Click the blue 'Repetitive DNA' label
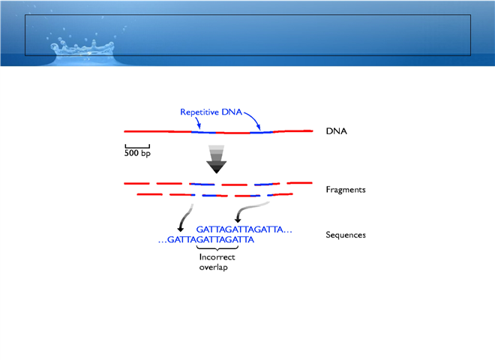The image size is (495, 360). click(x=211, y=112)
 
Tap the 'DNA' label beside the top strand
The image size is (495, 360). click(x=336, y=131)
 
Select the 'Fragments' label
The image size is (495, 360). click(x=346, y=190)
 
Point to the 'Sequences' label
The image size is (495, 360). click(x=346, y=235)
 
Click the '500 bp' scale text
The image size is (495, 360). click(x=137, y=153)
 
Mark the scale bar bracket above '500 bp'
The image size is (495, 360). click(x=137, y=146)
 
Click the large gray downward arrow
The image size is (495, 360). click(x=217, y=159)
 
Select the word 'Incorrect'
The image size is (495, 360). click(x=217, y=257)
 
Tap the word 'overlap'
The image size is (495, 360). click(x=214, y=267)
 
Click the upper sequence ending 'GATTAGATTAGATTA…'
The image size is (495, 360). click(x=244, y=229)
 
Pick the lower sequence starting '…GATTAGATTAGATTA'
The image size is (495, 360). click(x=206, y=240)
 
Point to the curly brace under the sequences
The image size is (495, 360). click(x=217, y=248)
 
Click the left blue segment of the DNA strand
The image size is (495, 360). click(x=203, y=132)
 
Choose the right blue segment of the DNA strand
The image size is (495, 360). click(x=262, y=132)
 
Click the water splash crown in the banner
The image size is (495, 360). click(x=82, y=49)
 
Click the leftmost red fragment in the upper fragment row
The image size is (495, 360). click(x=136, y=184)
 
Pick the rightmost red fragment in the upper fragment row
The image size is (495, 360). click(x=299, y=183)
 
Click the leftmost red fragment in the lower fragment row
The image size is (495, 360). click(x=150, y=194)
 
